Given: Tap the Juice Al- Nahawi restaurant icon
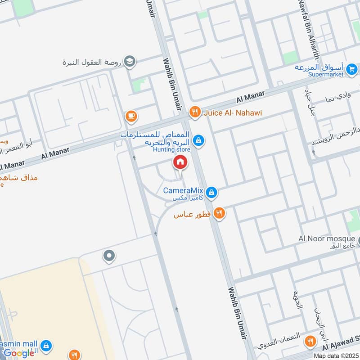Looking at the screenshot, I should (194, 112).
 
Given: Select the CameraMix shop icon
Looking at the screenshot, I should (212, 193).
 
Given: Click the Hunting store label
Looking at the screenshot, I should (171, 149).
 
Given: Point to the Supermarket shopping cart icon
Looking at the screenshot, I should (352, 69).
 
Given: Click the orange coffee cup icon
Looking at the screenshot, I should (131, 116).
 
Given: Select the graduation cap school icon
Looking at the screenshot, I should (130, 62).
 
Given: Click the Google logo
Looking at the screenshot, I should (19, 353).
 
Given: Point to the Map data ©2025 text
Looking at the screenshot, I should (335, 355).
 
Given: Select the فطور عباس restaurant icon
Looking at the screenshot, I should (219, 213).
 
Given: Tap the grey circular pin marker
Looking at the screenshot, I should (109, 256).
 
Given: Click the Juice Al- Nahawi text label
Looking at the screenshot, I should (233, 112).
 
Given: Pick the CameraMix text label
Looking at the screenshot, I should (184, 190).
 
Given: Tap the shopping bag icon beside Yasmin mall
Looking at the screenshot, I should (45, 346).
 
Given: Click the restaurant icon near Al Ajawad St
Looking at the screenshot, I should (310, 342).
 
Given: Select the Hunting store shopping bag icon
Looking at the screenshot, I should (199, 141).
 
